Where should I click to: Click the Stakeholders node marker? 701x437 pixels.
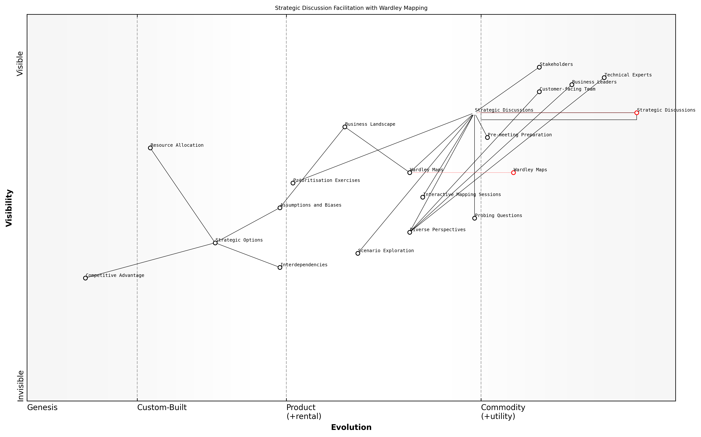(539, 67)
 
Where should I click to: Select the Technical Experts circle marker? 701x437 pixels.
(604, 78)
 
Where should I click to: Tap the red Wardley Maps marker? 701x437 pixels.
(513, 173)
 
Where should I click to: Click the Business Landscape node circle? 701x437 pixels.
(345, 127)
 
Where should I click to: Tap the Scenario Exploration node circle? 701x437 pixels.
(358, 253)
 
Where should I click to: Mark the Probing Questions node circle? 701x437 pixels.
(475, 218)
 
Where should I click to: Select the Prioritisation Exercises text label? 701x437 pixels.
(327, 181)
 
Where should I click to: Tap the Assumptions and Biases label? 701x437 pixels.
(311, 205)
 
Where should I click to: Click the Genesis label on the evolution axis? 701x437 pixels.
(42, 407)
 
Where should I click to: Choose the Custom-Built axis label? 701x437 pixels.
(162, 407)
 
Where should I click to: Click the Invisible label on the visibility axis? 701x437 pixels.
(20, 386)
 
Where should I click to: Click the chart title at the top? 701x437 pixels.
(351, 8)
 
